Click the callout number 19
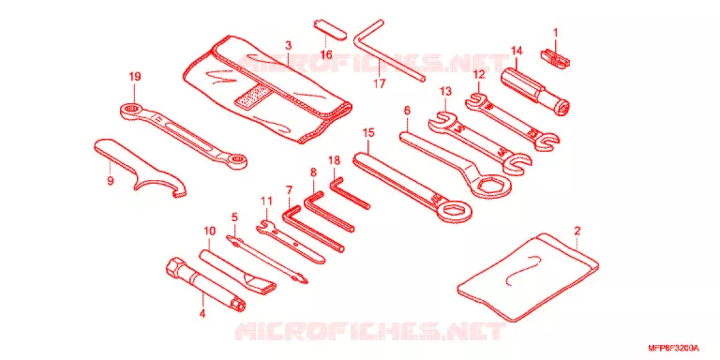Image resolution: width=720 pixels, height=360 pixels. (134, 76)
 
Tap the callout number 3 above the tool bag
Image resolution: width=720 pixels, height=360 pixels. (288, 45)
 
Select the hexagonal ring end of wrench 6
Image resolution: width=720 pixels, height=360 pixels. (493, 185)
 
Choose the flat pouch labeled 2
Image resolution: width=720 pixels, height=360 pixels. (528, 277)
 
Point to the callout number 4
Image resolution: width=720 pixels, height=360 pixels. (202, 314)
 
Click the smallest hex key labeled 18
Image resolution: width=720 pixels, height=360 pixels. (350, 194)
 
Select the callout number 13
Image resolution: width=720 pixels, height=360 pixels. (445, 91)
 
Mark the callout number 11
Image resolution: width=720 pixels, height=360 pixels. (267, 201)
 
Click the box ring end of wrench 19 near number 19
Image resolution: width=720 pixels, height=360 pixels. (132, 110)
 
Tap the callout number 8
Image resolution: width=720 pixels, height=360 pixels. (313, 172)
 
